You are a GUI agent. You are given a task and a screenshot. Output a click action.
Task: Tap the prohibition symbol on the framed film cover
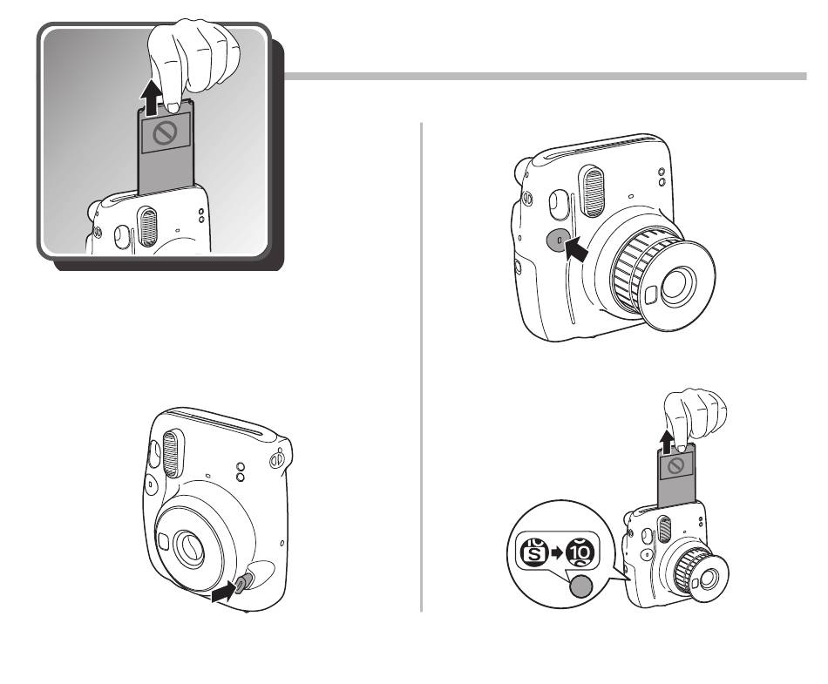click(x=166, y=134)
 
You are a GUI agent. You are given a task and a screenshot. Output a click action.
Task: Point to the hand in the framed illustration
click(x=192, y=62)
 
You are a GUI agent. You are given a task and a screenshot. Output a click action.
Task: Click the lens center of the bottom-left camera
click(x=189, y=549)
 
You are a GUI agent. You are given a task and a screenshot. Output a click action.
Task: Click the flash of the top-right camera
click(x=593, y=192)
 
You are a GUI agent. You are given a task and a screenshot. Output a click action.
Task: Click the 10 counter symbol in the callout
click(x=580, y=552)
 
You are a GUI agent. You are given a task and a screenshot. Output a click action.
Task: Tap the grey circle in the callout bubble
click(x=581, y=586)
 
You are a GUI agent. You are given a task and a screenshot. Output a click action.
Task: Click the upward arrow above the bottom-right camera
click(x=668, y=443)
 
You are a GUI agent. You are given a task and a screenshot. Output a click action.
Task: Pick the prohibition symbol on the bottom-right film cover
click(x=676, y=466)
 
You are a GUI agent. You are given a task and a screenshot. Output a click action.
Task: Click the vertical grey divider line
click(x=421, y=368)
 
